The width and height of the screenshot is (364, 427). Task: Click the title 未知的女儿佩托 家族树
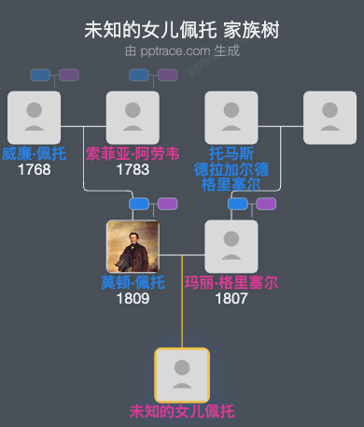click(x=182, y=31)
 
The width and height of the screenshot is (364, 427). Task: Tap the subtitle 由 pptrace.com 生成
click(x=182, y=50)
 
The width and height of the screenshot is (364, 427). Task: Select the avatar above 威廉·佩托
click(x=34, y=117)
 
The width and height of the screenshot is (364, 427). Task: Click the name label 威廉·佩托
click(x=34, y=154)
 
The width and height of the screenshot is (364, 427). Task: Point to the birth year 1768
click(x=34, y=170)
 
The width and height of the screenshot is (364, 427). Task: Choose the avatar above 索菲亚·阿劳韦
click(x=133, y=117)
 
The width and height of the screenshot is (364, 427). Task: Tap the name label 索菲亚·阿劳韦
click(x=133, y=154)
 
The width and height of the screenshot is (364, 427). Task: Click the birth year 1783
click(x=133, y=170)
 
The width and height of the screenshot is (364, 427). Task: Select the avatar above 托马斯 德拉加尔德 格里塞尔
click(x=231, y=117)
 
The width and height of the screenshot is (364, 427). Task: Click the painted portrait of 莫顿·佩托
click(x=133, y=246)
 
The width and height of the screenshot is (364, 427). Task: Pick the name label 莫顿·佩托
click(x=133, y=283)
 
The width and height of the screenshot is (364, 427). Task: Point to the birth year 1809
click(x=133, y=299)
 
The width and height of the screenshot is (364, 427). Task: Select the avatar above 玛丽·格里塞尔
click(x=231, y=246)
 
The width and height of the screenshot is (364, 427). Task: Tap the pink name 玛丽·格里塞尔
click(x=231, y=283)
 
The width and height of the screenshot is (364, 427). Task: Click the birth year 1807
click(x=231, y=299)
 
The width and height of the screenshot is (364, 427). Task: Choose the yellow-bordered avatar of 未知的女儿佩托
click(x=182, y=375)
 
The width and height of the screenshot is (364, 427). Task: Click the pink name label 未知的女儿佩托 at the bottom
click(x=182, y=411)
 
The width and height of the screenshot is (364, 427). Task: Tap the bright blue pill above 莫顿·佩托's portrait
click(x=139, y=204)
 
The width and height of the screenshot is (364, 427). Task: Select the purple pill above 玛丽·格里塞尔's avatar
click(x=266, y=204)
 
